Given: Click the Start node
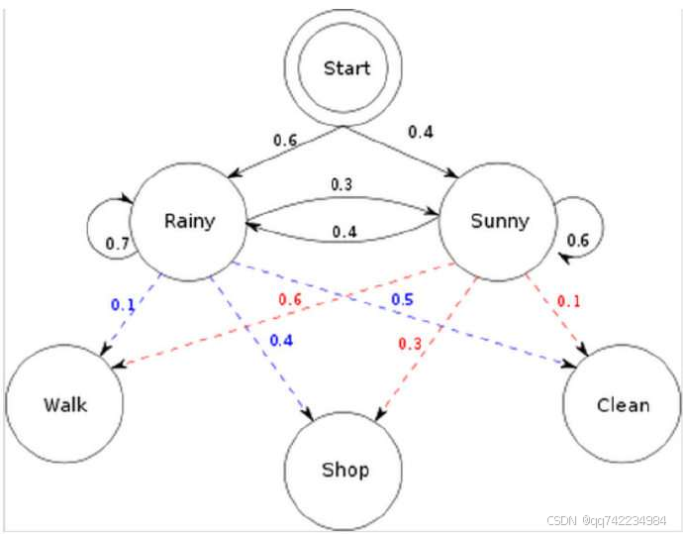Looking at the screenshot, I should [346, 69].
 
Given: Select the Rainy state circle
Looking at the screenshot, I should [190, 219].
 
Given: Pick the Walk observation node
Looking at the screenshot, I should [65, 404].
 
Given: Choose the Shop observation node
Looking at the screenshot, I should [344, 469].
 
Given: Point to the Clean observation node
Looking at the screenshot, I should [623, 404].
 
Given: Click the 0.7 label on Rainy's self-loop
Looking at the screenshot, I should [118, 242].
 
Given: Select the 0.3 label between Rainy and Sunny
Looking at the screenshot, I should [342, 184].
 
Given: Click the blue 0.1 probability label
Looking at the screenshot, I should [122, 305].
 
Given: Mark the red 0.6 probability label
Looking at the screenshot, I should [290, 300].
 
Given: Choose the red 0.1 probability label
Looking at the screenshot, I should [570, 300].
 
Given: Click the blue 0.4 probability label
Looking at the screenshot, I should [280, 341].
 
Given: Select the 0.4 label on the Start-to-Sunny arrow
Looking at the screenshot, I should [420, 131].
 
